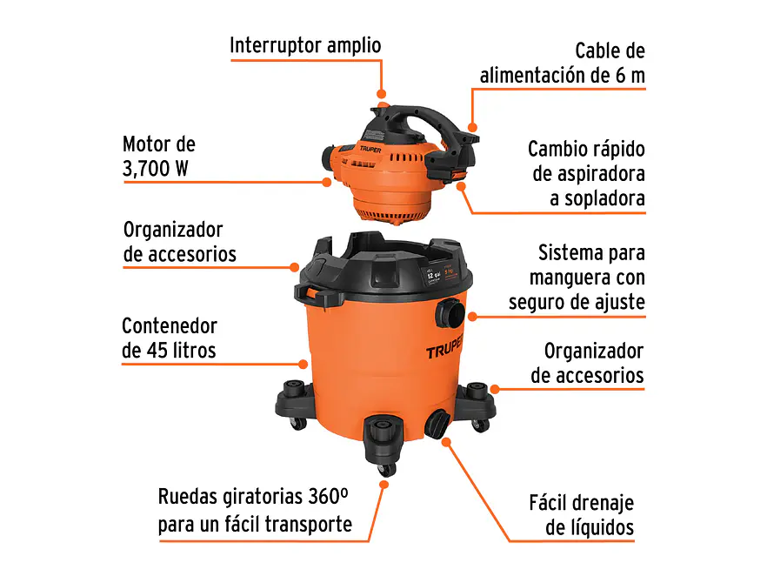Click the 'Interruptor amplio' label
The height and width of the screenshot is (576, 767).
click(x=305, y=46)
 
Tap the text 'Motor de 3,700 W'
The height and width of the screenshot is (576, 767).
click(x=159, y=156)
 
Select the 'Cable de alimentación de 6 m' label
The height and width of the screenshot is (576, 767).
click(x=563, y=63)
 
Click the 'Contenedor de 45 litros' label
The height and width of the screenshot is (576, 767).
click(x=170, y=338)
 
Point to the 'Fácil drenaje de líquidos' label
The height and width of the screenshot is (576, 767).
click(x=581, y=514)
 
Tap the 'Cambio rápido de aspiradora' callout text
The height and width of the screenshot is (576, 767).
click(x=586, y=172)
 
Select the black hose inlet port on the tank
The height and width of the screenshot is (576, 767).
click(x=451, y=311)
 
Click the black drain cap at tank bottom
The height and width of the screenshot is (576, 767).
click(x=437, y=423)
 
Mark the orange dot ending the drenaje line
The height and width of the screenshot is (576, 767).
click(x=447, y=441)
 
